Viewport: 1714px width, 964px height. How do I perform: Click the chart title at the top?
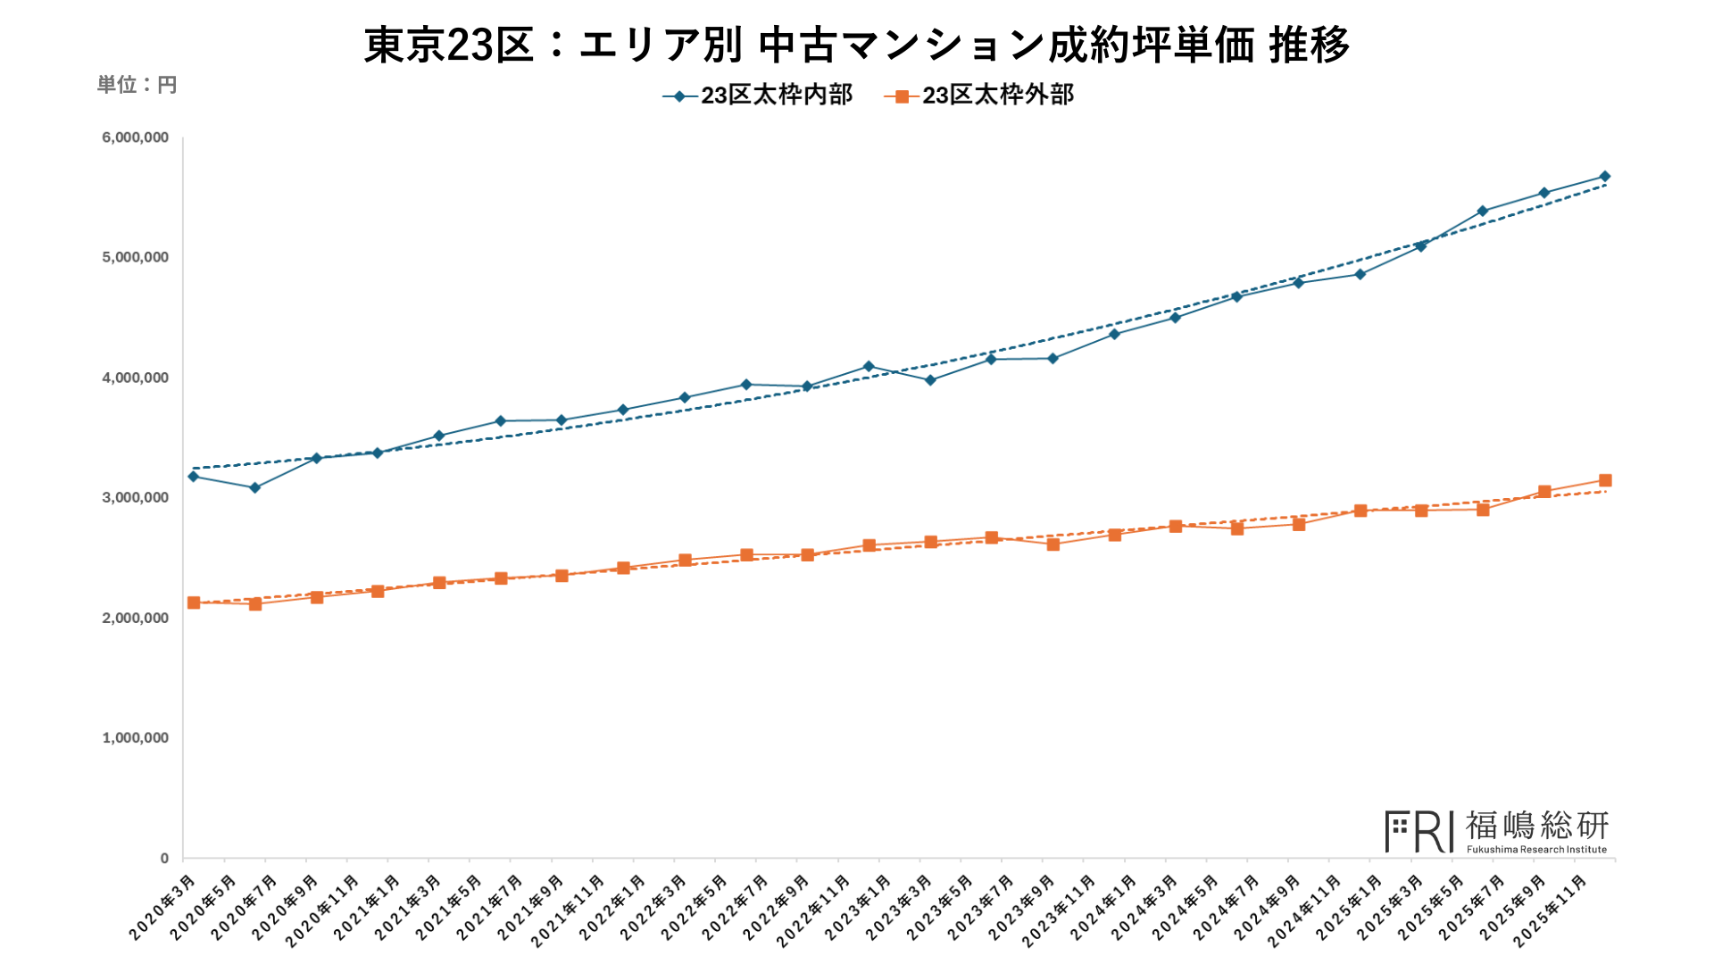coord(857,45)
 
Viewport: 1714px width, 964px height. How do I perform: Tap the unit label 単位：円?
coord(137,85)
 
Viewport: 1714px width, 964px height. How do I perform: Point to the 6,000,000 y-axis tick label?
coord(136,137)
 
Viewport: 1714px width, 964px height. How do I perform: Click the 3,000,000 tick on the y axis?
coord(136,498)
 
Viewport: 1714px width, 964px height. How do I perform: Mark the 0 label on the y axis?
coord(164,859)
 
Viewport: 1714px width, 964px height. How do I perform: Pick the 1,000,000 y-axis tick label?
coord(136,738)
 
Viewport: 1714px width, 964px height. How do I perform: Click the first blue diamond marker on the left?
coord(194,477)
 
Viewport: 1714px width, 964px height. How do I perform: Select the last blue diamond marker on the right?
coord(1605,177)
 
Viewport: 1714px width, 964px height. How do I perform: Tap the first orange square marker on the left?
coord(194,603)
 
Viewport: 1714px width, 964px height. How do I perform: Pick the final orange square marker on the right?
coord(1605,480)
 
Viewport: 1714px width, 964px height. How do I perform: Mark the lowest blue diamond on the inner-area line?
coord(255,488)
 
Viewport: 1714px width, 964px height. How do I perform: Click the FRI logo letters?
coord(1419,832)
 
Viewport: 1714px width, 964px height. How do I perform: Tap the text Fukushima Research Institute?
coord(1536,850)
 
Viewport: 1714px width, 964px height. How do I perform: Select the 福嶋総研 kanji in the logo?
coord(1536,826)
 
